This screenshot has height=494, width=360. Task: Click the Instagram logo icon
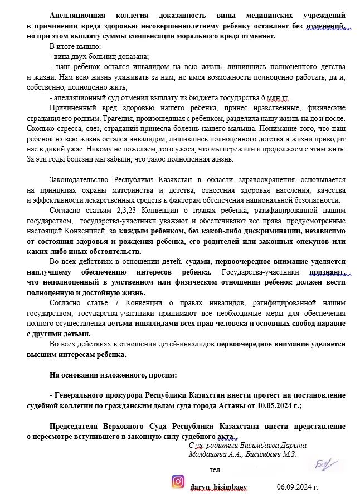click(x=178, y=481)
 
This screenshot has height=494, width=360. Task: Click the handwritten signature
click(x=322, y=463)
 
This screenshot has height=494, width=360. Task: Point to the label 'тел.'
click(x=216, y=469)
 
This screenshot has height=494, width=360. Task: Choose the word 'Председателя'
click(x=78, y=427)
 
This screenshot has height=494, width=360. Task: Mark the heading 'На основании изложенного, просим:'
click(x=113, y=375)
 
